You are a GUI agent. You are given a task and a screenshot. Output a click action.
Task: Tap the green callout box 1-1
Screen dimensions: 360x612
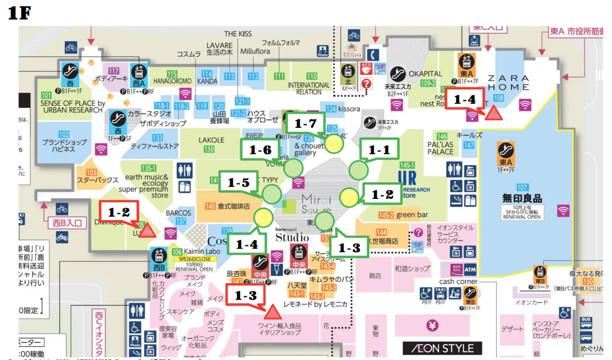pyautogui.click(x=379, y=150)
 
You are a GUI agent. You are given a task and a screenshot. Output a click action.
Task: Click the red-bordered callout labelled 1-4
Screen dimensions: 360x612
pyautogui.click(x=465, y=99)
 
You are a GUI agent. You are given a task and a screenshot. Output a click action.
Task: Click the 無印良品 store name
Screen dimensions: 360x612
pyautogui.click(x=522, y=198)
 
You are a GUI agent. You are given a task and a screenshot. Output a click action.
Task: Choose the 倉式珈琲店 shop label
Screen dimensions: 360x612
pyautogui.click(x=234, y=206)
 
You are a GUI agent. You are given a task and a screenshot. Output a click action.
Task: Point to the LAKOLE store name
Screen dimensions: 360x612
pyautogui.click(x=211, y=140)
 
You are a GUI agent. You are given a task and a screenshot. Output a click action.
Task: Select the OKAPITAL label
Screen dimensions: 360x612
pyautogui.click(x=425, y=74)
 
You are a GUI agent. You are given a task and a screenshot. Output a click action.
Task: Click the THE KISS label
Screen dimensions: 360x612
pyautogui.click(x=237, y=34)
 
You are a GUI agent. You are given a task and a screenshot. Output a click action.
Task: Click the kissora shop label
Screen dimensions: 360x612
pyautogui.click(x=349, y=108)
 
